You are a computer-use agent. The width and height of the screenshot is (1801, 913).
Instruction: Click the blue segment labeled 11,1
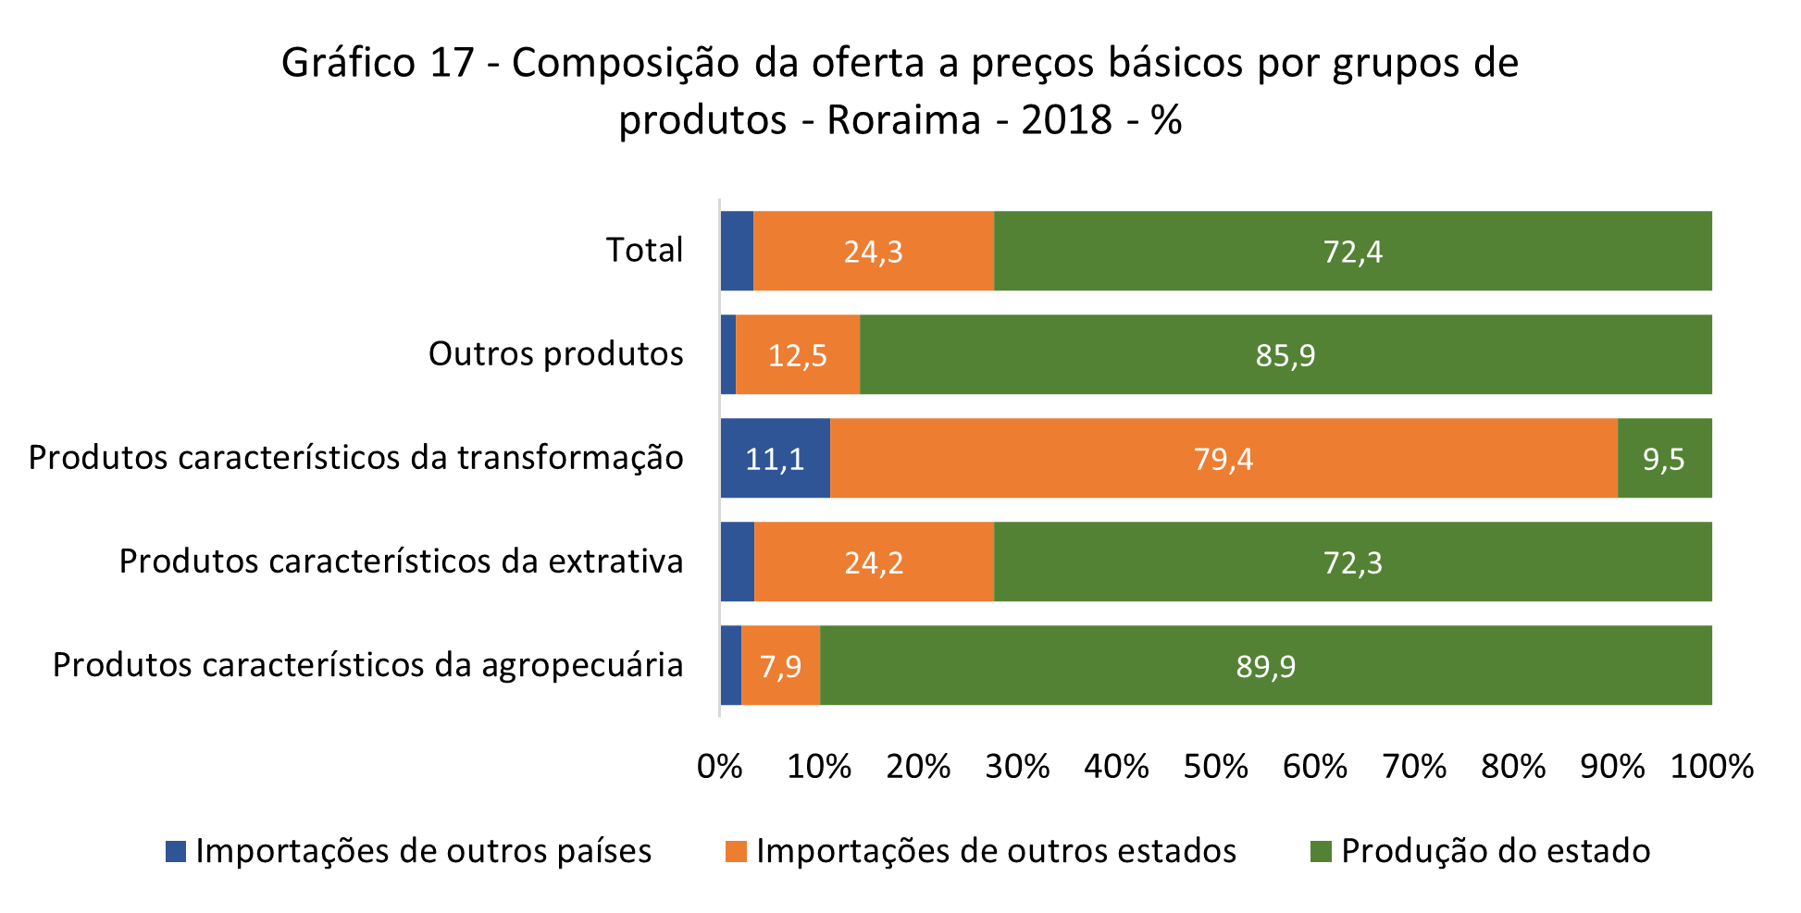click(775, 458)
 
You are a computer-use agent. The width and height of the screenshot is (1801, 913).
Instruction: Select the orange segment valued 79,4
click(1223, 458)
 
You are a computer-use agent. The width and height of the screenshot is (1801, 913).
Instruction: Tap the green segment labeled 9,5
click(1664, 458)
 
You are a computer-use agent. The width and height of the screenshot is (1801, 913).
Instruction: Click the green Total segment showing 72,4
click(1352, 251)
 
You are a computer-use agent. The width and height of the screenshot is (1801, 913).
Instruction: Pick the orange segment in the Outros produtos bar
click(798, 354)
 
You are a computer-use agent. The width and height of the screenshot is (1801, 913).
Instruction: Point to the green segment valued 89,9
click(1265, 665)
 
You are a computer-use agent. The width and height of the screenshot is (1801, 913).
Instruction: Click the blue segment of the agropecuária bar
click(731, 665)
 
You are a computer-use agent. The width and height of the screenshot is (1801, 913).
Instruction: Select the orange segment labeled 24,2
click(874, 561)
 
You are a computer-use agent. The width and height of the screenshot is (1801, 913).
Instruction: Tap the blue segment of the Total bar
click(737, 251)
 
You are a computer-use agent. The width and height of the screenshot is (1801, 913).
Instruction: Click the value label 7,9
click(780, 666)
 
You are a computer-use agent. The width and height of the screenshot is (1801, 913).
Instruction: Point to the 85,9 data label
click(1285, 355)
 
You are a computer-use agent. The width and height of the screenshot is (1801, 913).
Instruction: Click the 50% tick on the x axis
click(1215, 767)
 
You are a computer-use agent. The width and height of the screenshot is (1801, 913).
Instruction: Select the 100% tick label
click(1711, 767)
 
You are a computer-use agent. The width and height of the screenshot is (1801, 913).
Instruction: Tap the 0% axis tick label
click(719, 767)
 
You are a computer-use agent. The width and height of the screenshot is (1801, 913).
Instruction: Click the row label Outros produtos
click(555, 353)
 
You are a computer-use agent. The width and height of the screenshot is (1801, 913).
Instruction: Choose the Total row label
click(644, 250)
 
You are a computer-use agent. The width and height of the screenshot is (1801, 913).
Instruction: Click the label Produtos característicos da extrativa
click(401, 561)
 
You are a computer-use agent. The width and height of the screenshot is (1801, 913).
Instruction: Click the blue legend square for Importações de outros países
click(176, 851)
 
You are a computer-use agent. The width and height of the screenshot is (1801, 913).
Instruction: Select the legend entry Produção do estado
click(1495, 851)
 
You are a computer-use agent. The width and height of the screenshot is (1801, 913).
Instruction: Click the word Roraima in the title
click(903, 120)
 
